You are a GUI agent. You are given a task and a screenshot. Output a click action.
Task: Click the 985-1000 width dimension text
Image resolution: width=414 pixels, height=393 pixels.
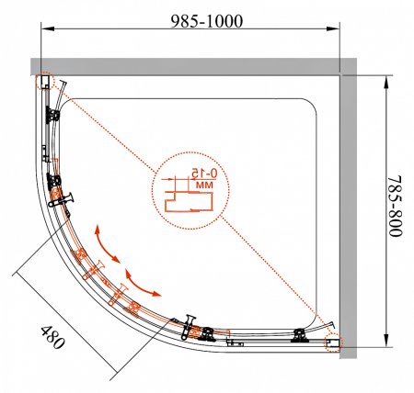207,21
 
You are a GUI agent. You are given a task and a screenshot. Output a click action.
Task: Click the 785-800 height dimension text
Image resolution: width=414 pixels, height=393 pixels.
395,206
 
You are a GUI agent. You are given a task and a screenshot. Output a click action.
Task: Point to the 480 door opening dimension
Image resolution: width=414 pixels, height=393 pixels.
52,337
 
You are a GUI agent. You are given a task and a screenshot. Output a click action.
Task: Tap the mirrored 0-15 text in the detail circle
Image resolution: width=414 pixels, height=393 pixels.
204,174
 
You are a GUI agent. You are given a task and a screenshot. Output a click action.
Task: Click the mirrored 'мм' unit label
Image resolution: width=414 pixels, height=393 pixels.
204,185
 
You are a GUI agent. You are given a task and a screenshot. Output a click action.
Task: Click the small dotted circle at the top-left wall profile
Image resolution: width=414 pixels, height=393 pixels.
45,82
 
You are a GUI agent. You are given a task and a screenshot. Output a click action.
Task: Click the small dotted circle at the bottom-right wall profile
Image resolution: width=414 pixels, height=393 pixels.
333,342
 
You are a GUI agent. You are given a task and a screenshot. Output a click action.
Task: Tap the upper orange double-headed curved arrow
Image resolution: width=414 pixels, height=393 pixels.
107,244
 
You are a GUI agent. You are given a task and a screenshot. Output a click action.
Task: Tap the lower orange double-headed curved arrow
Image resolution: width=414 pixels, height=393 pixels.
142,284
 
